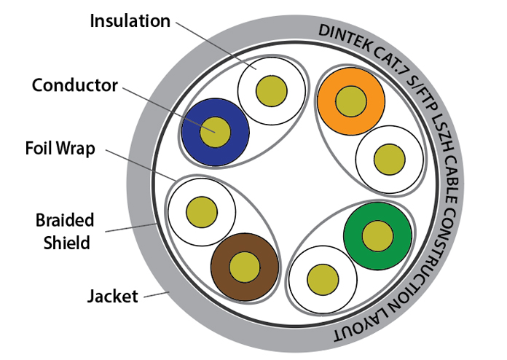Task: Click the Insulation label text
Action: click(x=130, y=20)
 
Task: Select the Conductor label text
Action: click(x=74, y=85)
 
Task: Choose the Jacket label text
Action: click(x=111, y=296)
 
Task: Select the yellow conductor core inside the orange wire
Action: click(x=350, y=100)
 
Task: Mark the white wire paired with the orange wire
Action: click(x=390, y=158)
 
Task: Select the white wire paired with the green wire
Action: click(x=321, y=278)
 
